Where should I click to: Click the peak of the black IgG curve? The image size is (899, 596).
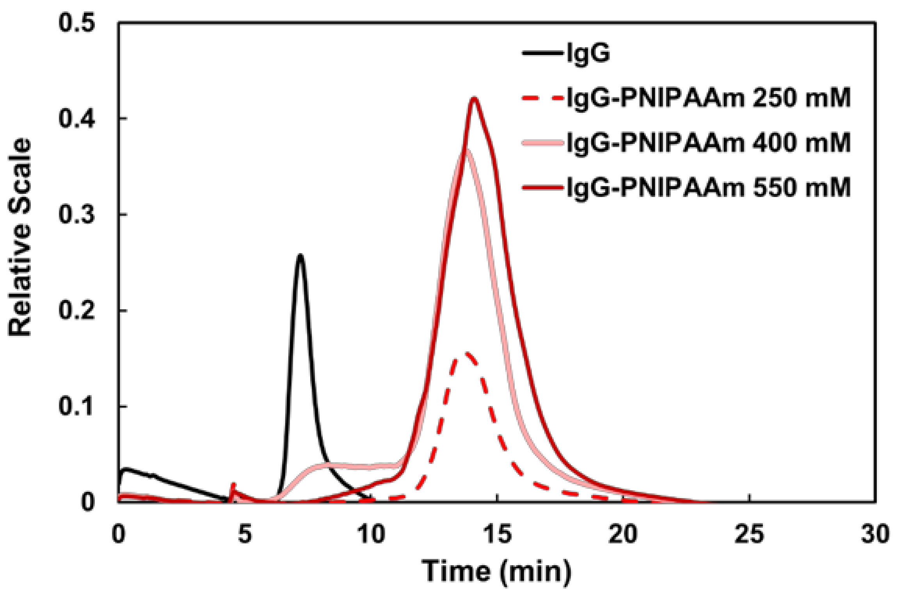pyautogui.click(x=300, y=255)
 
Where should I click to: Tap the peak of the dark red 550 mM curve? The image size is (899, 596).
pyautogui.click(x=474, y=98)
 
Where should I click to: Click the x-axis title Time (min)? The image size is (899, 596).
pyautogui.click(x=496, y=571)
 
